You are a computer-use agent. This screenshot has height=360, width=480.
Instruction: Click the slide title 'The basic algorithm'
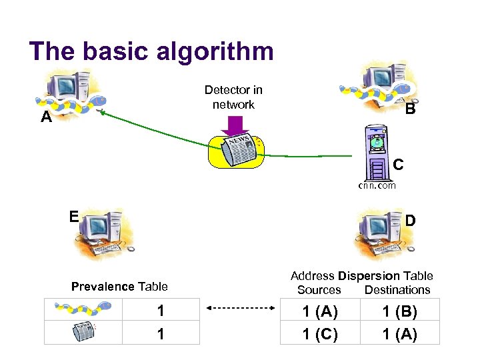point(151,51)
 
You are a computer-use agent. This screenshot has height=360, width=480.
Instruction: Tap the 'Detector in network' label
point(233,97)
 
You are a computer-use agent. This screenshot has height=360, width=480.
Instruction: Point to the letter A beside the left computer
point(45,117)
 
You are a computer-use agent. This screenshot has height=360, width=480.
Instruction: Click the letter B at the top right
point(410,109)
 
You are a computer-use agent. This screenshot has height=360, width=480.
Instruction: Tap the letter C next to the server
point(398,163)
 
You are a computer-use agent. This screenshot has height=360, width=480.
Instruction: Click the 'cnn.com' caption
point(377,185)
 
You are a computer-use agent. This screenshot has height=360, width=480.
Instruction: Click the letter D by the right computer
point(411,220)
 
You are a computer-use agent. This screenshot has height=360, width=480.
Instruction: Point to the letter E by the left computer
point(74,216)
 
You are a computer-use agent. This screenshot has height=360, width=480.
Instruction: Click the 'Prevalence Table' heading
point(119,287)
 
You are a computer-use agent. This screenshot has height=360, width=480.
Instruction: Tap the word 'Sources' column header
point(319,290)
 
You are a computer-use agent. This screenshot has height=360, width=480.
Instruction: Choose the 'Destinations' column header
point(397,290)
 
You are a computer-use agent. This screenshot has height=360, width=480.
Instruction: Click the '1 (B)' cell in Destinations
point(399,311)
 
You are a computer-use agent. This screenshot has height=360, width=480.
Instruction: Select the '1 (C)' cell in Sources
point(320,333)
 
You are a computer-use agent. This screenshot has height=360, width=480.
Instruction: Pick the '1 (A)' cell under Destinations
point(399,333)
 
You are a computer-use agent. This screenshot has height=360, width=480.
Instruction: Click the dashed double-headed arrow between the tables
point(240,308)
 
